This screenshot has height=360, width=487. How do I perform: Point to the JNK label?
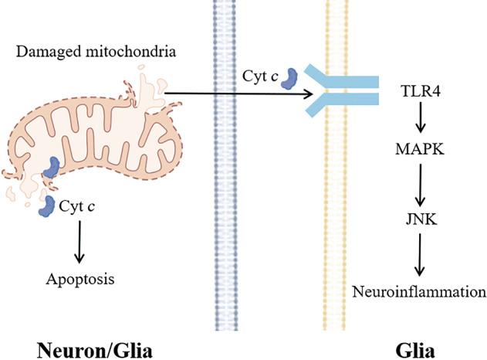418,219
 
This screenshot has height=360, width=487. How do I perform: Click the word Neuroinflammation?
419,291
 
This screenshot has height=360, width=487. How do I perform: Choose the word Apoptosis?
79,279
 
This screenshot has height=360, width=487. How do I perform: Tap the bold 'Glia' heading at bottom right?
418,349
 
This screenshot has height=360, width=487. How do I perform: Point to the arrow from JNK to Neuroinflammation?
418,255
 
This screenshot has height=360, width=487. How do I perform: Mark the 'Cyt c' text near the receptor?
255,76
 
